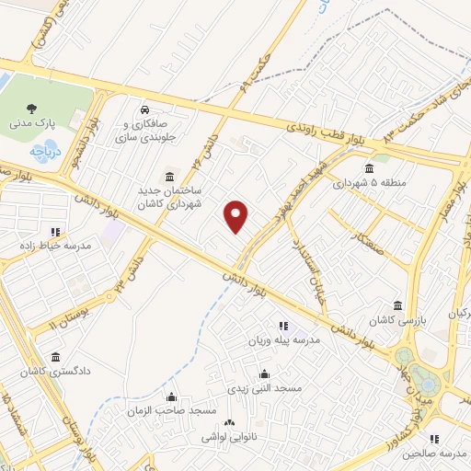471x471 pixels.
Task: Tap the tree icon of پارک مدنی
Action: click(32, 107)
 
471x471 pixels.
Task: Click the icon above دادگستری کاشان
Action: click(56, 357)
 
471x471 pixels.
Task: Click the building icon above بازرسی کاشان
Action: click(397, 305)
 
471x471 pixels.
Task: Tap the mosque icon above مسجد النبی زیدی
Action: click(265, 373)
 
